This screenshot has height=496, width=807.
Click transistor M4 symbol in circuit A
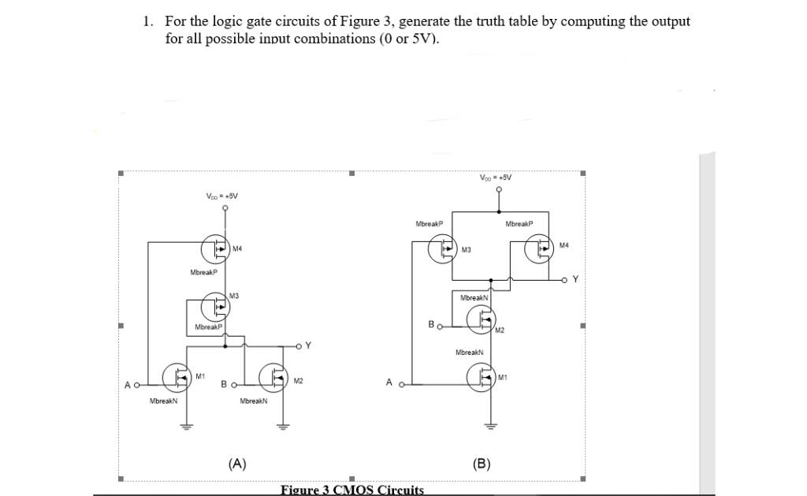click(216, 249)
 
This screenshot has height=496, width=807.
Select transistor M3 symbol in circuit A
click(215, 304)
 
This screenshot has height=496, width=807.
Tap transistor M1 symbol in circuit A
click(177, 376)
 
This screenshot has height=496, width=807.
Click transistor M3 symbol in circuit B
click(442, 250)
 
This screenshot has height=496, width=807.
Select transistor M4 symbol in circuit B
click(540, 250)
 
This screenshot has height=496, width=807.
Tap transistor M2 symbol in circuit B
click(480, 319)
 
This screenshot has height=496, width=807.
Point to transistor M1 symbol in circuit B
click(480, 377)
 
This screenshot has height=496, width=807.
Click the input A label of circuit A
click(126, 385)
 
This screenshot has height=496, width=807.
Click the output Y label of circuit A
click(308, 345)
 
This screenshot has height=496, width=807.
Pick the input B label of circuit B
click(430, 324)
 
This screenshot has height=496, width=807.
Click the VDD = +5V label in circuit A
click(221, 196)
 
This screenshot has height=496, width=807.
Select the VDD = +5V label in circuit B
click(495, 177)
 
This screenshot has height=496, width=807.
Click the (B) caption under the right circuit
click(482, 464)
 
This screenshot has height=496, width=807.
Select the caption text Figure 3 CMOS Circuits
click(352, 490)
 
